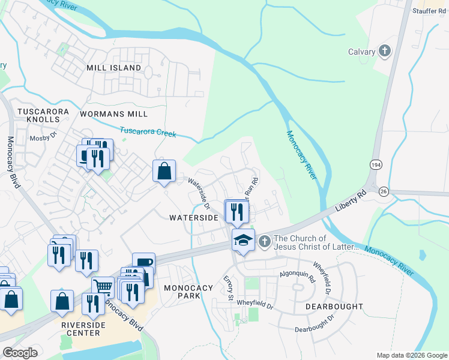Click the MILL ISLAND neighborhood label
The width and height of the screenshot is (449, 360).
click(113, 68)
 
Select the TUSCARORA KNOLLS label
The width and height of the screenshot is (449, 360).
click(43, 116)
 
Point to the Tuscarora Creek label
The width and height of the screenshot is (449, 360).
click(148, 131)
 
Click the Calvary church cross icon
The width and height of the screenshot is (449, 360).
click(384, 51)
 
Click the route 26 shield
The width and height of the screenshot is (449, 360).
click(384, 190)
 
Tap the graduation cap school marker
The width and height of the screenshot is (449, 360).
click(243, 240)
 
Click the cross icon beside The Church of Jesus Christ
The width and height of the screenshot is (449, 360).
click(265, 242)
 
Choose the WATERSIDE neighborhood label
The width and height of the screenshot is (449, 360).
click(193, 217)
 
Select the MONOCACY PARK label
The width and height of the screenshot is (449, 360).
click(188, 292)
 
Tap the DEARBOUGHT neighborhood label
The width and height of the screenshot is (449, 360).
click(334, 306)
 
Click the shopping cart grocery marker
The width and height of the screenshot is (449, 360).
click(103, 288)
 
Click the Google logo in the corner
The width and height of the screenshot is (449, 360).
click(20, 353)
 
